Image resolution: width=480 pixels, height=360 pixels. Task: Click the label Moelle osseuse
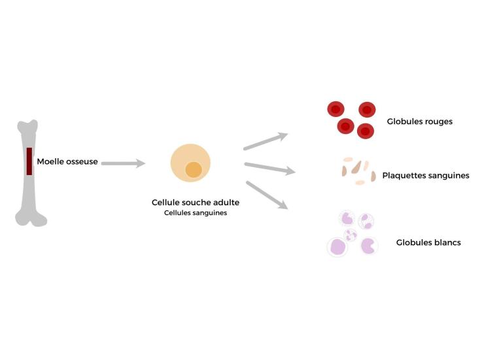click(x=67, y=161)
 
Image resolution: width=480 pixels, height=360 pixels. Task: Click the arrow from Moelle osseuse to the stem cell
click(x=123, y=163)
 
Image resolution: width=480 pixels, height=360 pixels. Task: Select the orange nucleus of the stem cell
click(x=194, y=170)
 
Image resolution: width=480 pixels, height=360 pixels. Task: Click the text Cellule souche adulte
click(x=196, y=203)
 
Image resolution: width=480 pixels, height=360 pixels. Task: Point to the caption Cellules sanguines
click(x=196, y=213)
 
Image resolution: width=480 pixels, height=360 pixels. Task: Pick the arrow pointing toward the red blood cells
click(x=265, y=141)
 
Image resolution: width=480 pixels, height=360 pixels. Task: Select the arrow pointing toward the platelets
click(x=269, y=168)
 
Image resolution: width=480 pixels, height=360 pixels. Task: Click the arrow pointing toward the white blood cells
click(x=266, y=195)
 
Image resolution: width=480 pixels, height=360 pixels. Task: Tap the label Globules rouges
click(x=419, y=122)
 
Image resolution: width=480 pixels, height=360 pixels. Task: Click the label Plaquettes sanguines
click(x=425, y=175)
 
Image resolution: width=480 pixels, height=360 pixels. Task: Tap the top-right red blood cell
click(x=367, y=110)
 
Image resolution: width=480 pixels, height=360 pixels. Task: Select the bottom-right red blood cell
click(x=366, y=131)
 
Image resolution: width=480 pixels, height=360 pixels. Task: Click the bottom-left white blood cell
click(x=337, y=246)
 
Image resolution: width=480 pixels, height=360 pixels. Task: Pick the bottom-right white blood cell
click(x=369, y=246)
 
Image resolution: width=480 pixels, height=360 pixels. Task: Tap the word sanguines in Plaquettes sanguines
click(x=447, y=175)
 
